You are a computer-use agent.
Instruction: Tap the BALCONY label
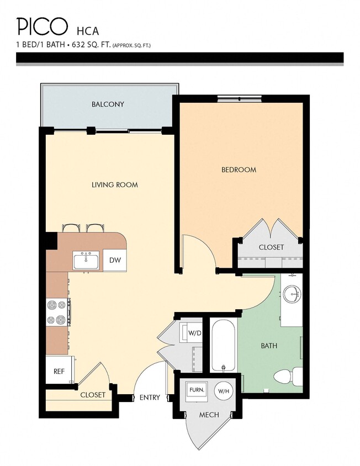coord(108,104)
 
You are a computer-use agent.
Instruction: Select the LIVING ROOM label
coord(115,185)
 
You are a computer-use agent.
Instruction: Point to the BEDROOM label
coord(239,170)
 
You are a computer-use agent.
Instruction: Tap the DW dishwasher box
coord(115,261)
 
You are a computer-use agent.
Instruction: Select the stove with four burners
coord(57,312)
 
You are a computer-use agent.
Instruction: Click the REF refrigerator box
coord(59,372)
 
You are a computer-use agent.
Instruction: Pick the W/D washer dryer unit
coord(193,333)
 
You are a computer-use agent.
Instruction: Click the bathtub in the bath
coord(224,345)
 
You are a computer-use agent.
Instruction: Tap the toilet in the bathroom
coord(289,377)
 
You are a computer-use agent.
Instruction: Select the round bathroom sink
coord(292,294)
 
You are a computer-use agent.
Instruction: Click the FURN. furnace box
coord(197,390)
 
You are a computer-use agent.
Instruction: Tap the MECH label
coord(209,415)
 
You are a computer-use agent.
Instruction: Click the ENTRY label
coord(150,398)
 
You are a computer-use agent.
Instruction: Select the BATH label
coord(269,346)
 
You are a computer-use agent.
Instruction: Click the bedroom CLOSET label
coord(271,247)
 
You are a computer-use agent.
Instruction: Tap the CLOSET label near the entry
coord(93,395)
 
